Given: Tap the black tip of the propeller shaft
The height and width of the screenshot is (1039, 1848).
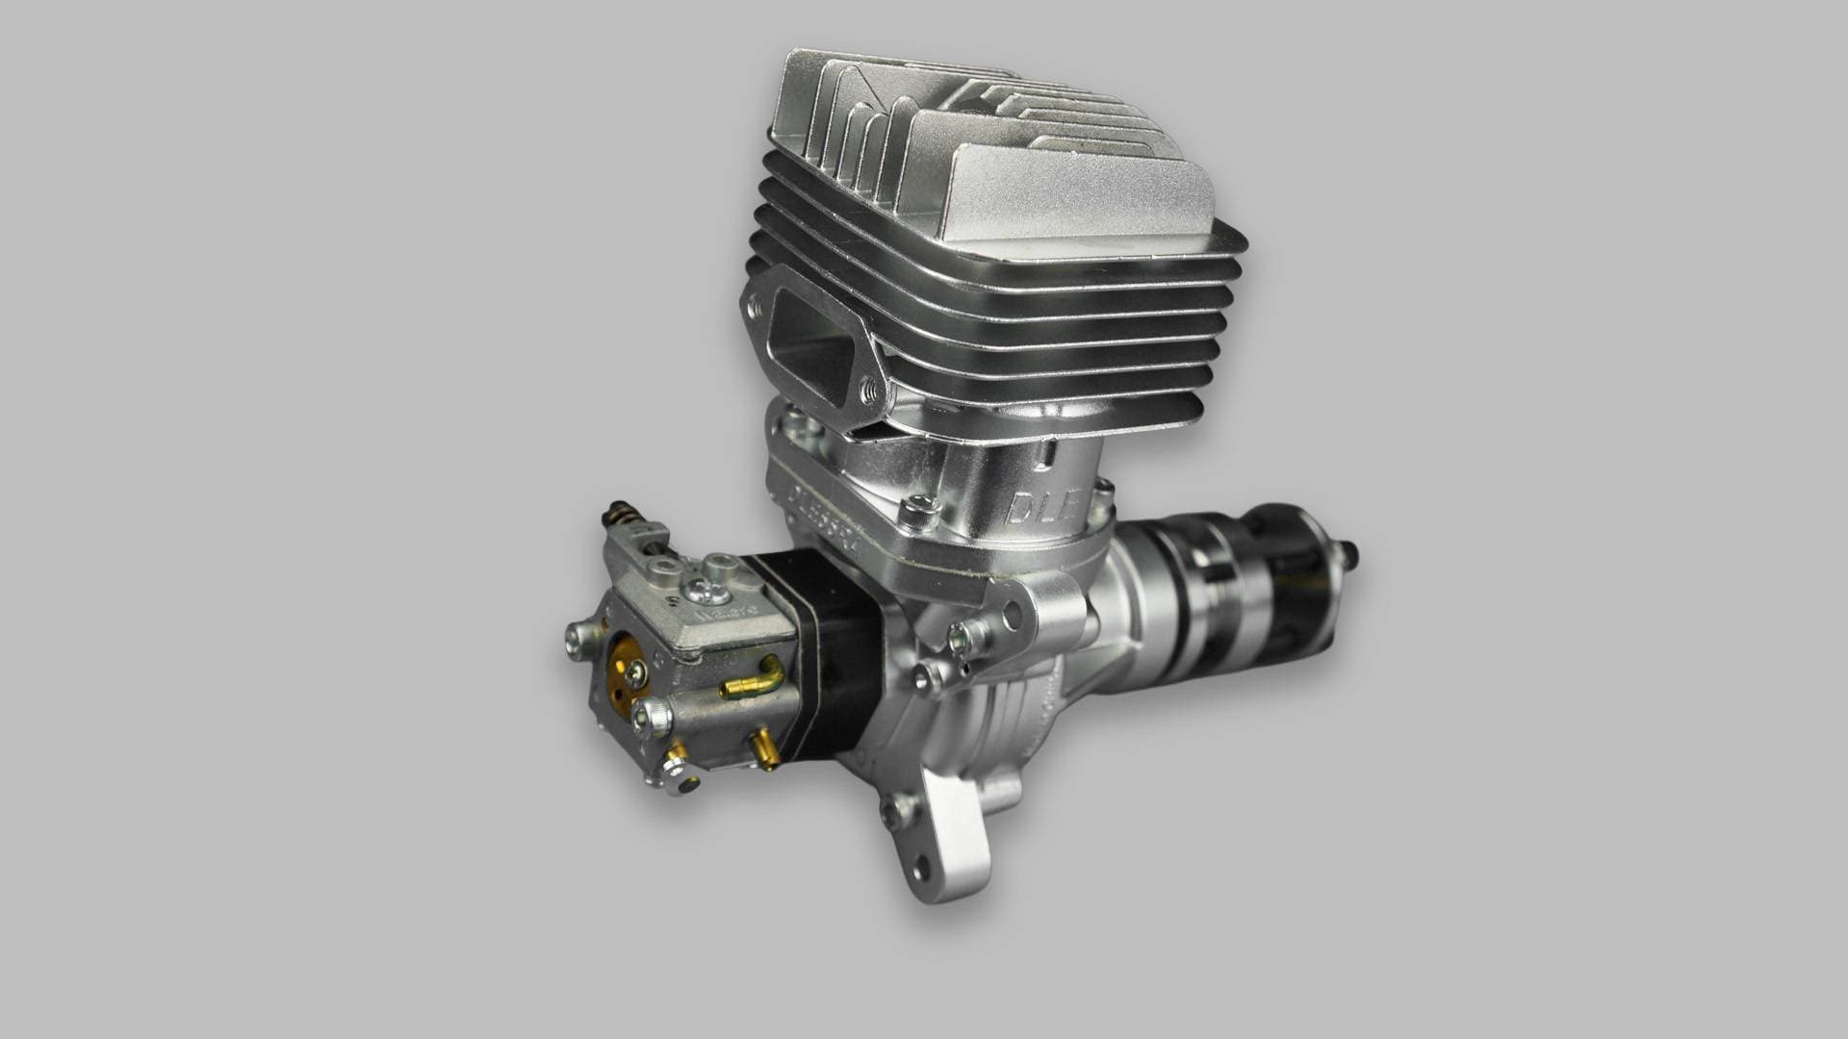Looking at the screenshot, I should (x=1352, y=555).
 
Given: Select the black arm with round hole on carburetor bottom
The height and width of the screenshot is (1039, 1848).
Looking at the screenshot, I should (x=683, y=785).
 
